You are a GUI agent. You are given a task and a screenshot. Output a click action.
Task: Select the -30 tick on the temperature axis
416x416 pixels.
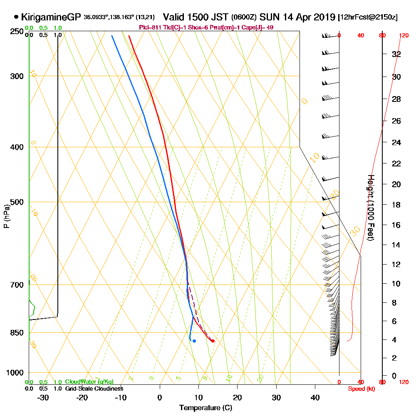[x=43, y=397]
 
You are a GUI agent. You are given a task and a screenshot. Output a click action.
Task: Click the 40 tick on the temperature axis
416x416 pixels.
[x=315, y=397]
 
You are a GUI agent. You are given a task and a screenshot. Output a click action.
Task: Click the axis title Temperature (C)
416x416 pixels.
[x=206, y=408]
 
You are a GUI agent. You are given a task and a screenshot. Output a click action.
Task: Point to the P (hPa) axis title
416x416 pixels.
[x=6, y=216]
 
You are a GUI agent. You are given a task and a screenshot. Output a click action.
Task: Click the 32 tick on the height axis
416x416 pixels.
[x=396, y=54]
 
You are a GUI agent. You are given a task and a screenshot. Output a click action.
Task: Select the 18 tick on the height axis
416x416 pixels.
[x=396, y=205]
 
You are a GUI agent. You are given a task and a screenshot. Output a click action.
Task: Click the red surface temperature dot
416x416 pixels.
[x=213, y=341]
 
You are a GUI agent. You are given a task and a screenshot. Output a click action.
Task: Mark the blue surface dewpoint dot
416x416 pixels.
[x=194, y=341]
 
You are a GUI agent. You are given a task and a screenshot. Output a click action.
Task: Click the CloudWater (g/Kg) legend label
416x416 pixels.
[x=89, y=382]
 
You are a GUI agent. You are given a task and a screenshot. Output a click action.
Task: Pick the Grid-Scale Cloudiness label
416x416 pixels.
[x=94, y=389]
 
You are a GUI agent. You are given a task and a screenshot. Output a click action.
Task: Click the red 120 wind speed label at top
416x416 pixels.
[x=404, y=36]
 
